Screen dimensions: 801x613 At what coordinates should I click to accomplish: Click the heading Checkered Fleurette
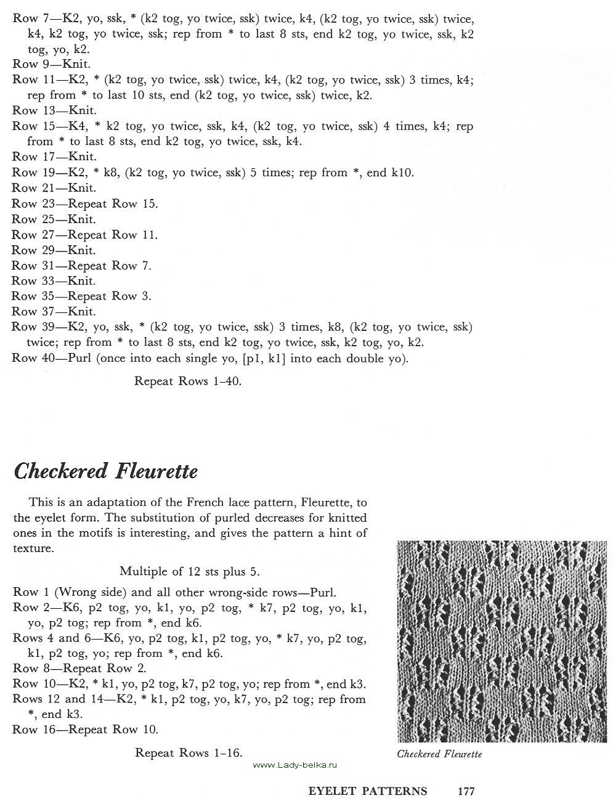coord(105,471)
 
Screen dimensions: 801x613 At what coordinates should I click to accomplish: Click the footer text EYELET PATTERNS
coord(368,791)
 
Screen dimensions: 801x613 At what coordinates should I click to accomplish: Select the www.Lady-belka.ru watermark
coord(296,765)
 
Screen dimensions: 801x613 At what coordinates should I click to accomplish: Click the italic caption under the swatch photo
coord(439,754)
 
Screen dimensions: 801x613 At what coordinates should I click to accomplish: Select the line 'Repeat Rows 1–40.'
coord(188,381)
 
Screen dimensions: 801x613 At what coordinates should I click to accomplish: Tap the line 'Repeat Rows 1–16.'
coord(189,752)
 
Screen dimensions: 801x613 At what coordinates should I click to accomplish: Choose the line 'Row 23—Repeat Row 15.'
coord(85,203)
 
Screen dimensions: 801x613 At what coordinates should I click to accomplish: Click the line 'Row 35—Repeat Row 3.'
coord(81,296)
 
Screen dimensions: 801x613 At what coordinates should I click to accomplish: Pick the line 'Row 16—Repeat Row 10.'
coord(85,730)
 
